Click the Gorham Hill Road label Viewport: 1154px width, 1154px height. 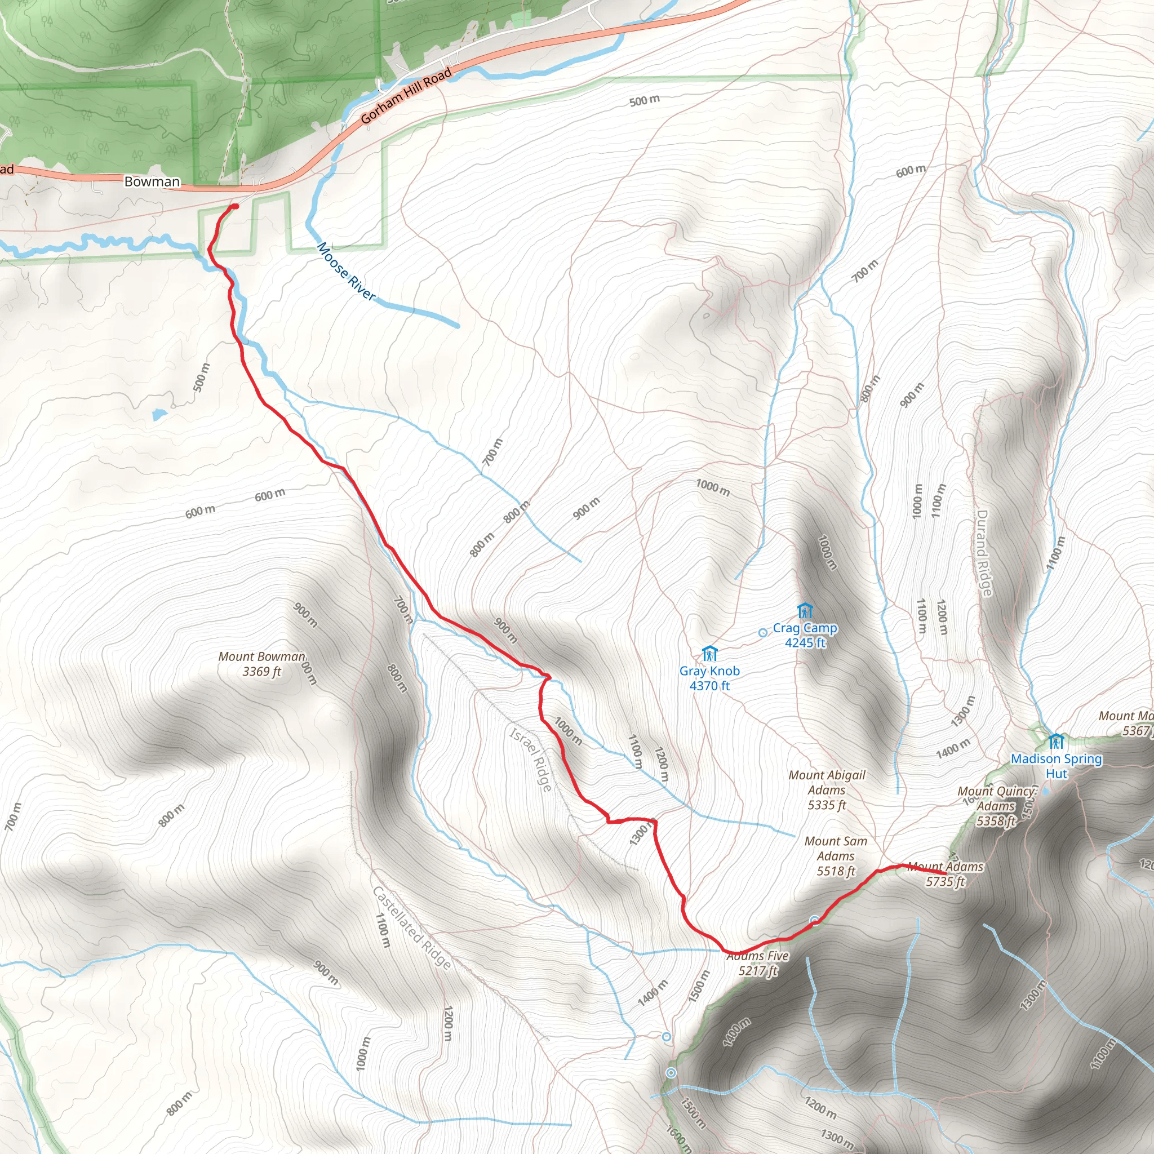tap(406, 96)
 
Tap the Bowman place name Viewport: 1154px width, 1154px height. tap(152, 181)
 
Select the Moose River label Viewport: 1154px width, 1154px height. tap(347, 272)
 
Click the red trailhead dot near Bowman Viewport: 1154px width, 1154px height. tap(235, 207)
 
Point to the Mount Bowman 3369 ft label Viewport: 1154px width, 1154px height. tap(261, 664)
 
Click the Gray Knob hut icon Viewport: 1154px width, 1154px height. tap(709, 654)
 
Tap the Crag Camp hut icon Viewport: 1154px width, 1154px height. tap(805, 611)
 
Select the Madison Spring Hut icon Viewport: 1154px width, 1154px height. tap(1056, 742)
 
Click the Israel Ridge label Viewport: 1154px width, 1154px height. tap(530, 759)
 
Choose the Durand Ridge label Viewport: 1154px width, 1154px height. tap(984, 553)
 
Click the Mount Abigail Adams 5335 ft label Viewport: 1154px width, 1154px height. tap(827, 789)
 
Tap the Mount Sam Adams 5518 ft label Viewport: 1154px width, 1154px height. tap(836, 856)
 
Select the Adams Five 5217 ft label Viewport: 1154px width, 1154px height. tap(758, 963)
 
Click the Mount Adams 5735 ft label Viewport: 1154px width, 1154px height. tap(946, 874)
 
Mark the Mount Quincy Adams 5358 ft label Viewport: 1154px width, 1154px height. tap(996, 806)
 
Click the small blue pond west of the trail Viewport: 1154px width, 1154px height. tap(159, 414)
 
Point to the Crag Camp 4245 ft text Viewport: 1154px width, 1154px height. tap(805, 636)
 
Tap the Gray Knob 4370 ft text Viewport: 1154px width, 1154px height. tap(709, 678)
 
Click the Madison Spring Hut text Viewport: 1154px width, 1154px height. tap(1056, 766)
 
